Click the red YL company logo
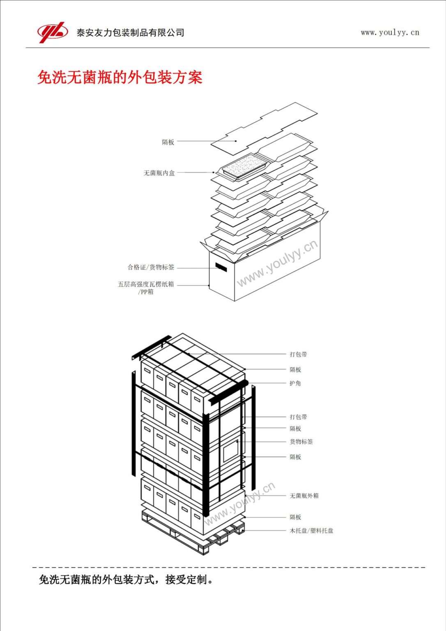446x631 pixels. pyautogui.click(x=53, y=32)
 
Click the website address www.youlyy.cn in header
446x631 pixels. pyautogui.click(x=390, y=32)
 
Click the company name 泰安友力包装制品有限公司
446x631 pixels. pyautogui.click(x=130, y=33)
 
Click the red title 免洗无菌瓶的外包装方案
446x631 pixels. pyautogui.click(x=120, y=77)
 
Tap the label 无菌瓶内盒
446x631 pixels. pyautogui.click(x=159, y=173)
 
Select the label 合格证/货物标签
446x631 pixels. pyautogui.click(x=151, y=267)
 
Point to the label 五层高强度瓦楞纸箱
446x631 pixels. pyautogui.click(x=146, y=284)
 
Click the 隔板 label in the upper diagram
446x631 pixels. pyautogui.click(x=168, y=142)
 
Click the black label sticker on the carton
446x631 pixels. pyautogui.click(x=221, y=267)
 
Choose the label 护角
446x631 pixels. pyautogui.click(x=295, y=383)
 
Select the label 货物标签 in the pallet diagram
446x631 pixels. pyautogui.click(x=301, y=442)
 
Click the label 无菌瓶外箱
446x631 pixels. pyautogui.click(x=304, y=496)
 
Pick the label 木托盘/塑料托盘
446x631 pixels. pyautogui.click(x=311, y=531)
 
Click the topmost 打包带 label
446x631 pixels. pyautogui.click(x=298, y=354)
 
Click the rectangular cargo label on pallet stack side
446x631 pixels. pyautogui.click(x=231, y=451)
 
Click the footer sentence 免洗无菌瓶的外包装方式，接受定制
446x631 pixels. pyautogui.click(x=126, y=580)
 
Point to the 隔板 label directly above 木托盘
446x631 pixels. pyautogui.click(x=295, y=517)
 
